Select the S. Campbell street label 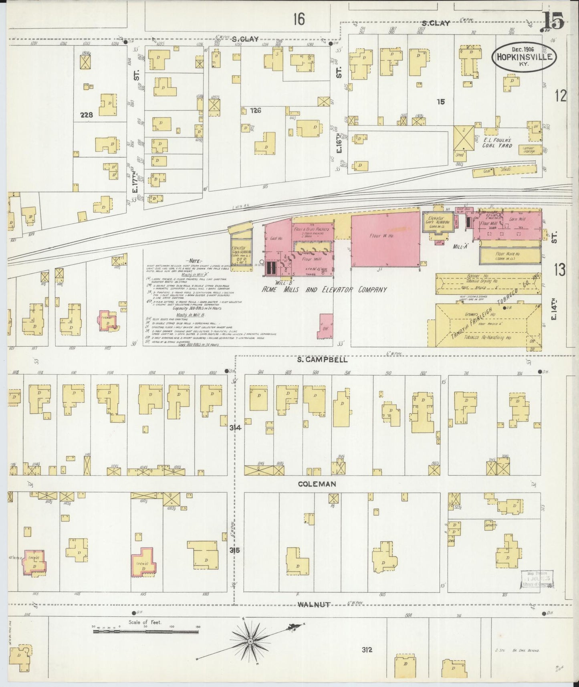click(322, 360)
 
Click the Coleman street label click(317, 484)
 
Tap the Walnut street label click(314, 604)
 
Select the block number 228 click(87, 115)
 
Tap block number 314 click(235, 428)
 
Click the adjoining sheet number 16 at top click(299, 18)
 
